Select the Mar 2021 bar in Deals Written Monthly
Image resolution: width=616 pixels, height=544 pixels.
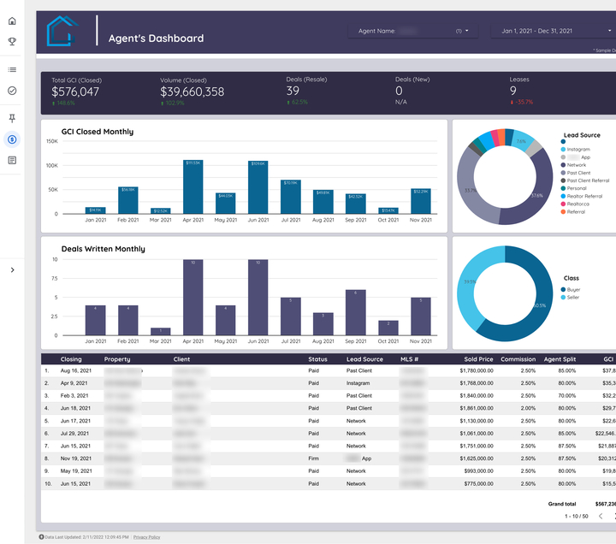pos(160,331)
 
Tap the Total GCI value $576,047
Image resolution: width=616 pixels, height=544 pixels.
pos(75,92)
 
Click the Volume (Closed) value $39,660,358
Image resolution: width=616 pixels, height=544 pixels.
pos(192,92)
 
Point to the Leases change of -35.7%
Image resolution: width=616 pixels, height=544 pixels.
pos(523,102)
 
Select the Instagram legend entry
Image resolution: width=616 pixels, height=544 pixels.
pos(578,150)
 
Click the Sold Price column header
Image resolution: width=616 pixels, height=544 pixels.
pos(478,359)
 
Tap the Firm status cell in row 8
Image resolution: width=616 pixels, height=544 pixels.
pos(313,458)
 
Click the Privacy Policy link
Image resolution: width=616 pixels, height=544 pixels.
pos(146,537)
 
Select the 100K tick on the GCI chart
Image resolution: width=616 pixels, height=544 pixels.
pos(51,165)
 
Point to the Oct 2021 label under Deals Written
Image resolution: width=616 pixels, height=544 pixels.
pos(388,341)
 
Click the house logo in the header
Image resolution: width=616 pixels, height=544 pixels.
pos(63,32)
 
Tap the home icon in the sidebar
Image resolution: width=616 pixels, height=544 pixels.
pos(12,21)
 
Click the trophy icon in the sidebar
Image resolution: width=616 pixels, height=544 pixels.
pos(12,40)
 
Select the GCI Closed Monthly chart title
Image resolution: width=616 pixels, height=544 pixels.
pos(98,132)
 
